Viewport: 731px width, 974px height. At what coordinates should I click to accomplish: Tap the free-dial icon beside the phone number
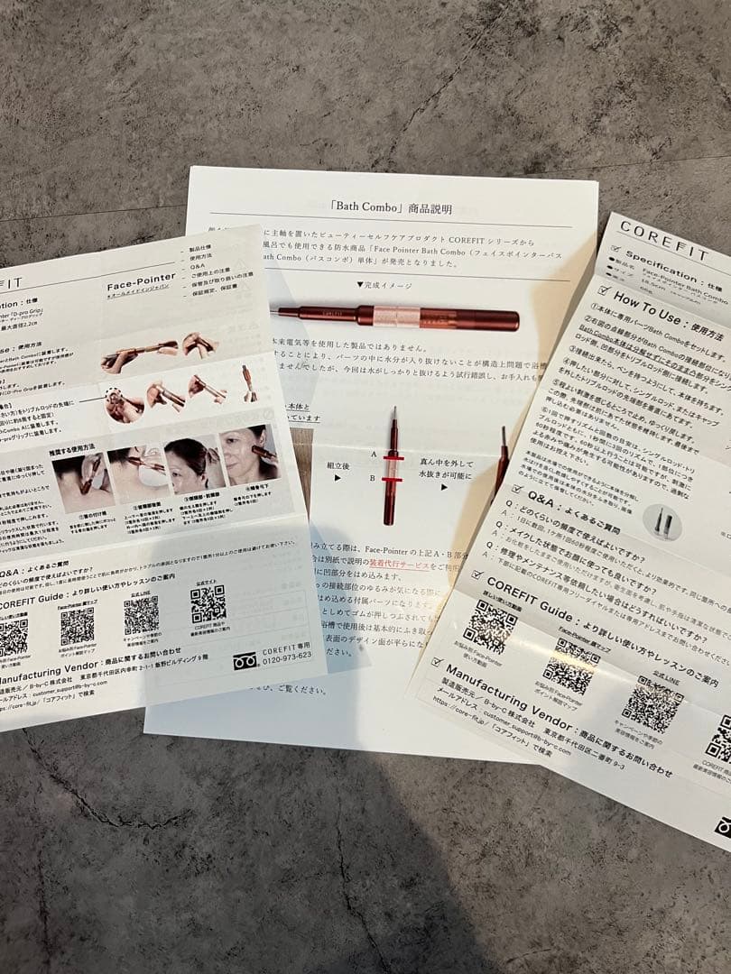pos(245,659)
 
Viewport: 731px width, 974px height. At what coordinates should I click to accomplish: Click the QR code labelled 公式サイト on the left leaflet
pos(208,604)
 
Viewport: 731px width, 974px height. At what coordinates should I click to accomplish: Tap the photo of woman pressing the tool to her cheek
pos(249,455)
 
